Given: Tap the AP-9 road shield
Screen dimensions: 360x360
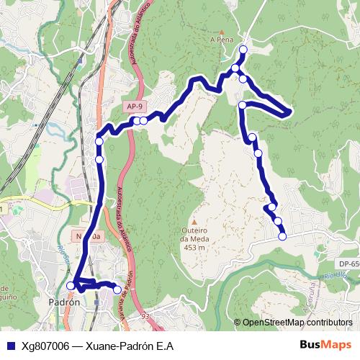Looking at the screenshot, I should click(134, 107).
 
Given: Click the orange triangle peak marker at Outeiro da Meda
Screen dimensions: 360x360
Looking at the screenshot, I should click(194, 222).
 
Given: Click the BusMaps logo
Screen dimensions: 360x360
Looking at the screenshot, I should click(325, 345).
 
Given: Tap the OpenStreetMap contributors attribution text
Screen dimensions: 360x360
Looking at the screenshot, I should click(296, 323).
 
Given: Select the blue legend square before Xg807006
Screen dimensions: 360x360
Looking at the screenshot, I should click(9, 346).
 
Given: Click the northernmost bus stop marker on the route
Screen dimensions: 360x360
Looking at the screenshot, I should click(243, 50).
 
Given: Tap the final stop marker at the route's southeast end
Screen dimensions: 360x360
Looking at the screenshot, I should click(282, 236).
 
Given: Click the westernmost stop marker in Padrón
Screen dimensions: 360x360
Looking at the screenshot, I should click(71, 286).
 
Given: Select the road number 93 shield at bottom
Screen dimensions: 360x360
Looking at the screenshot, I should click(145, 315).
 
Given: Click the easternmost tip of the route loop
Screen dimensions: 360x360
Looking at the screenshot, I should click(289, 112).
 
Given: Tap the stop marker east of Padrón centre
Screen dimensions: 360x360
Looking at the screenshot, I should click(117, 289).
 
